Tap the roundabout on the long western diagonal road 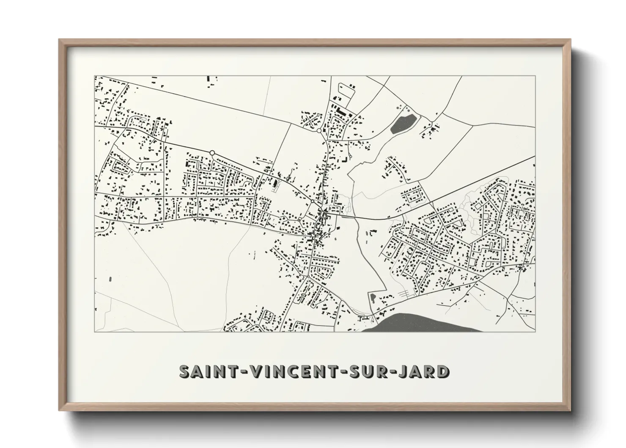pos(212,152)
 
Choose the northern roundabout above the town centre pos(319,131)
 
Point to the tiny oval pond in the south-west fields pos(111,279)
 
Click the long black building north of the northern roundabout pos(341,111)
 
